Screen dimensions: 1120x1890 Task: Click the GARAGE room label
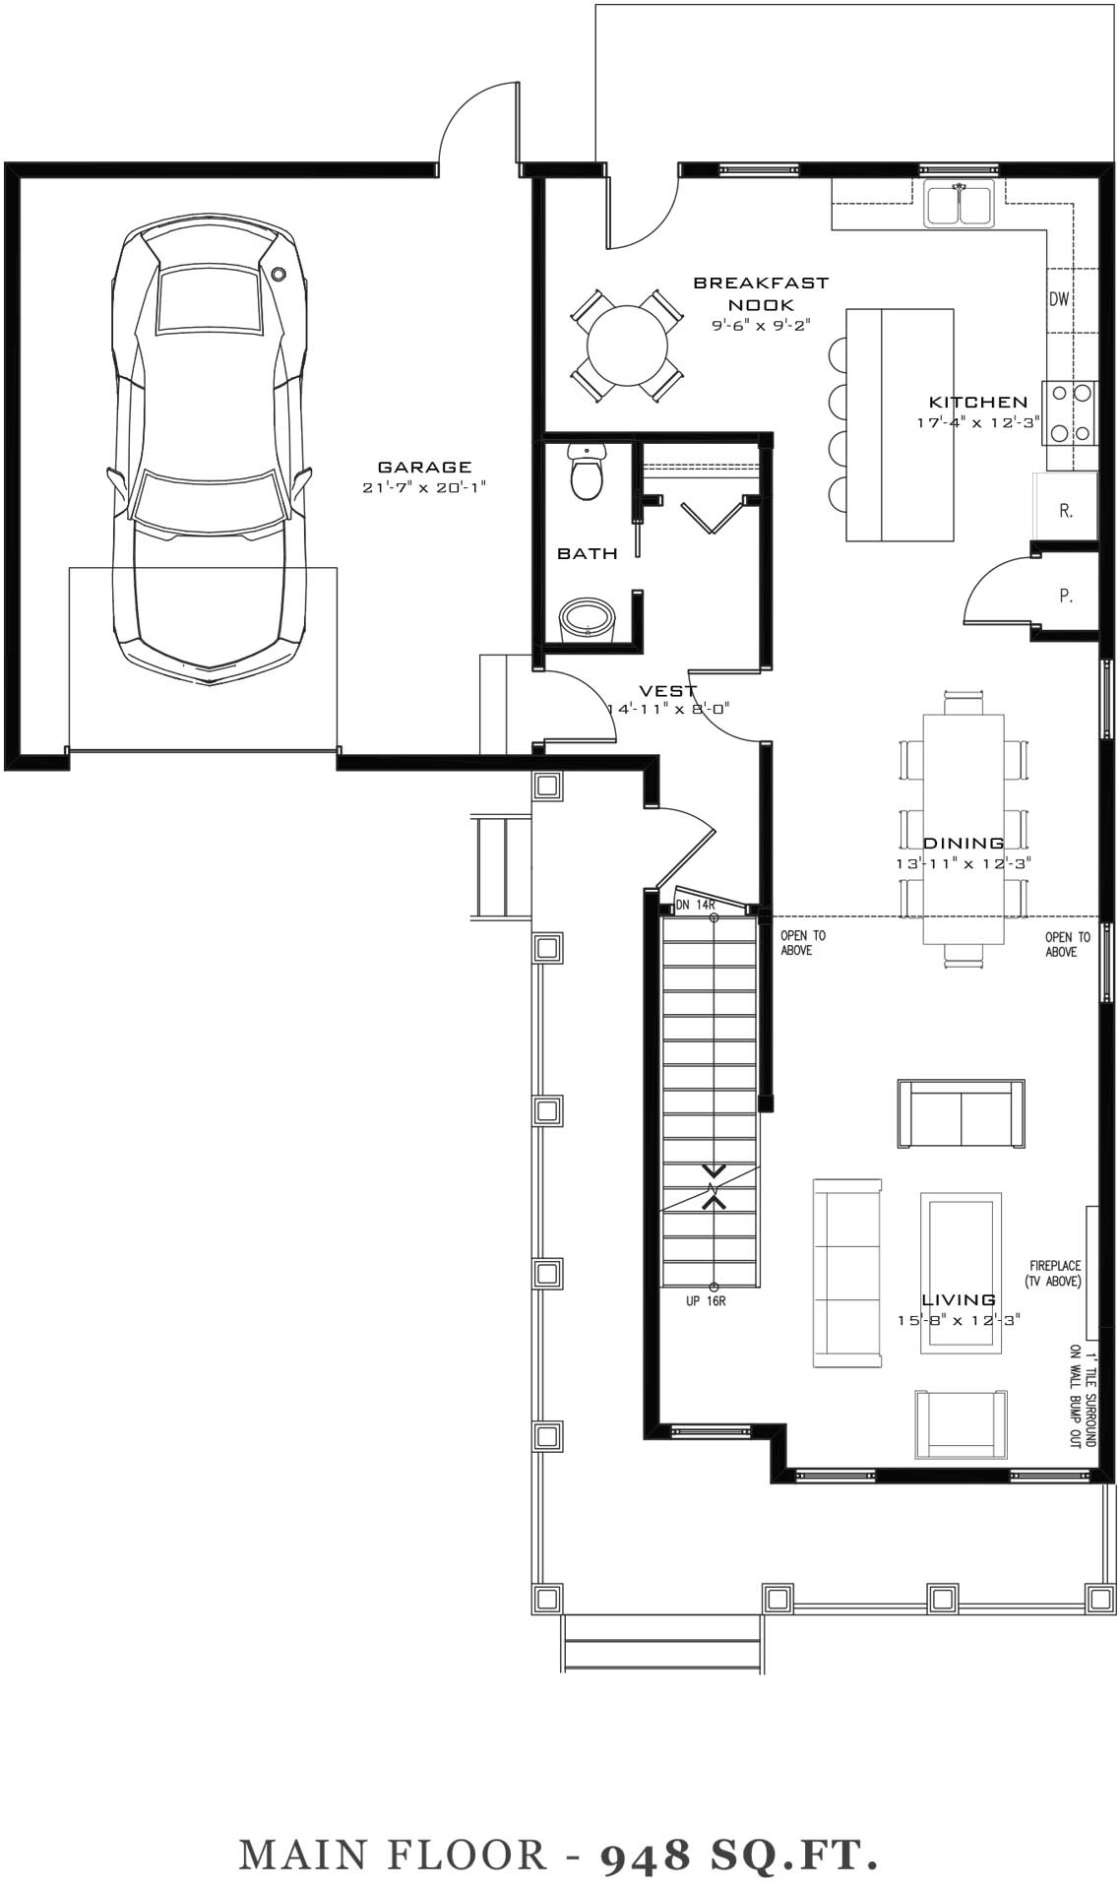[425, 468]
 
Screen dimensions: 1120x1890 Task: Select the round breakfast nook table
[627, 346]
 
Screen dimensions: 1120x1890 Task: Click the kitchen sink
[960, 203]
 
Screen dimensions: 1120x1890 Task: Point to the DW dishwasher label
[1059, 299]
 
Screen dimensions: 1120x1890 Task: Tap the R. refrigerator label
[1066, 511]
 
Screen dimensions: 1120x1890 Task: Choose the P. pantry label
[1066, 596]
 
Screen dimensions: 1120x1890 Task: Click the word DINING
[964, 843]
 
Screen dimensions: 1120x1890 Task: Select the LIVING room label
[959, 1299]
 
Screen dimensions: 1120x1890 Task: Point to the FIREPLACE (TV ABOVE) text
[1055, 1273]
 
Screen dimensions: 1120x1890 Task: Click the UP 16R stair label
[706, 1300]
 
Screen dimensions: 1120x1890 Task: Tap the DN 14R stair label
[695, 905]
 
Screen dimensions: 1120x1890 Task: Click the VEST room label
[668, 691]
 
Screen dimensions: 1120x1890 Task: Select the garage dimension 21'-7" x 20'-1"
[425, 487]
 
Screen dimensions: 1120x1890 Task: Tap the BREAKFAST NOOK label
[761, 293]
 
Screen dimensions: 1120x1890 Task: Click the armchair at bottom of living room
[961, 1424]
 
